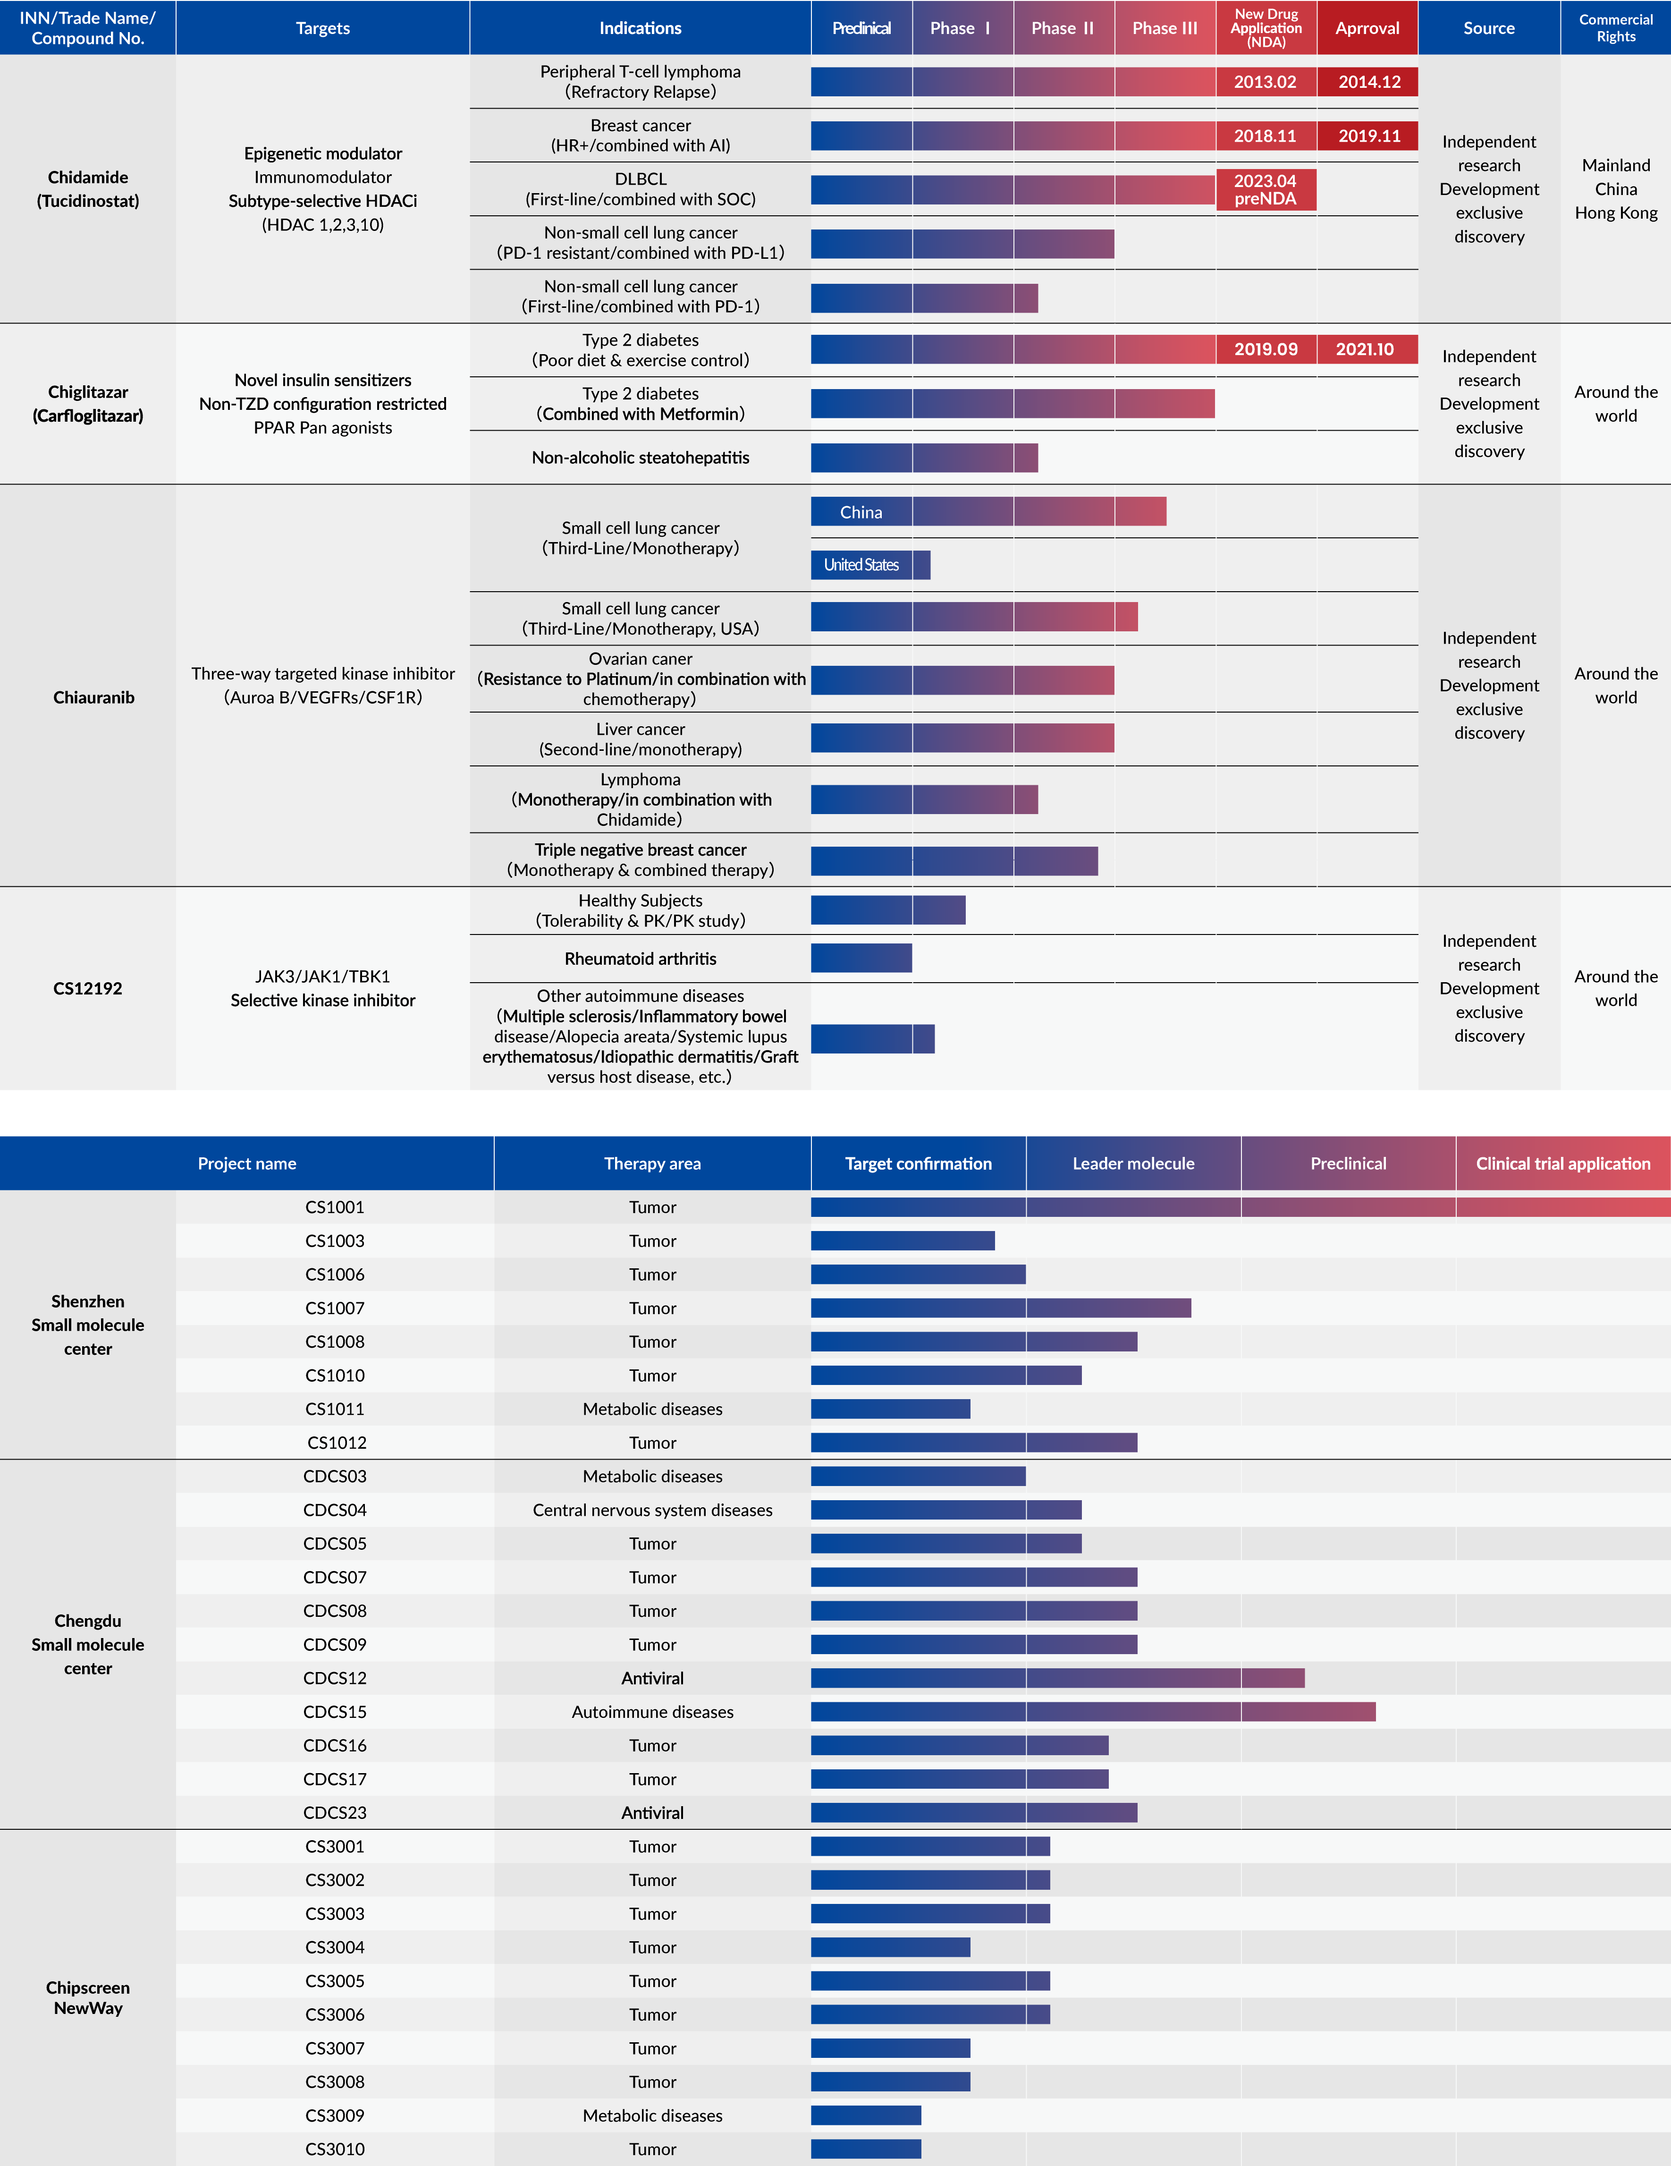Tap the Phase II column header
(1063, 28)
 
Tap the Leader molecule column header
(1133, 1164)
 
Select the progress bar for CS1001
(1241, 1207)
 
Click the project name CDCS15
(335, 1712)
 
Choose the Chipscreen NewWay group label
(88, 1997)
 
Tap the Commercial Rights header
(1616, 28)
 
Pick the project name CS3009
(335, 2115)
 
